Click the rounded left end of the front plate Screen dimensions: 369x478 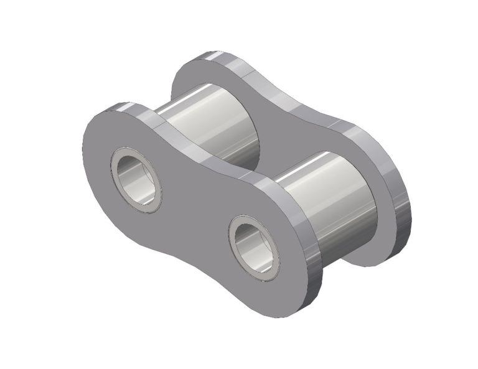pyautogui.click(x=93, y=162)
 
